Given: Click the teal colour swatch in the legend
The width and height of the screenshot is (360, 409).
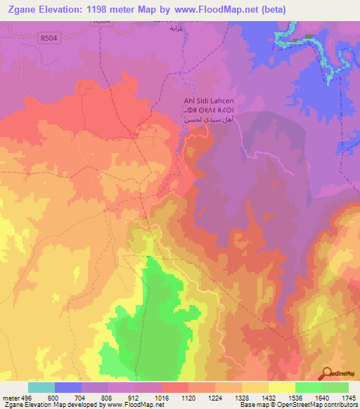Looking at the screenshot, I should [x=41, y=387].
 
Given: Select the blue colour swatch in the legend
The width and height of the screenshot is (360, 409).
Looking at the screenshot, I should [x=68, y=387].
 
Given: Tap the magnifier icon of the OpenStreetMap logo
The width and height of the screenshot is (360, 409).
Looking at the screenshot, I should [x=326, y=372].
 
